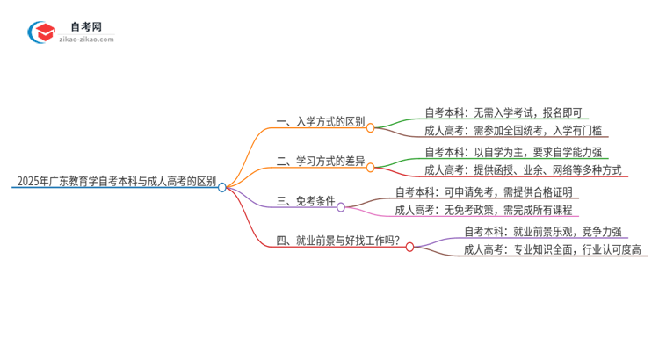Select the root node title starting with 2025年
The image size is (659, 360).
click(115, 182)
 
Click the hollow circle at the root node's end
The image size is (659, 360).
click(222, 187)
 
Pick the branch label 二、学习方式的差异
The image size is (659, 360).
click(320, 162)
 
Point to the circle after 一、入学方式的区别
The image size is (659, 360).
click(371, 127)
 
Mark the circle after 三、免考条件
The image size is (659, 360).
click(341, 207)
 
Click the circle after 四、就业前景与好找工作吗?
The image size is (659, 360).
click(409, 247)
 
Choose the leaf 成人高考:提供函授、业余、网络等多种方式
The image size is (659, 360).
click(523, 171)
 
